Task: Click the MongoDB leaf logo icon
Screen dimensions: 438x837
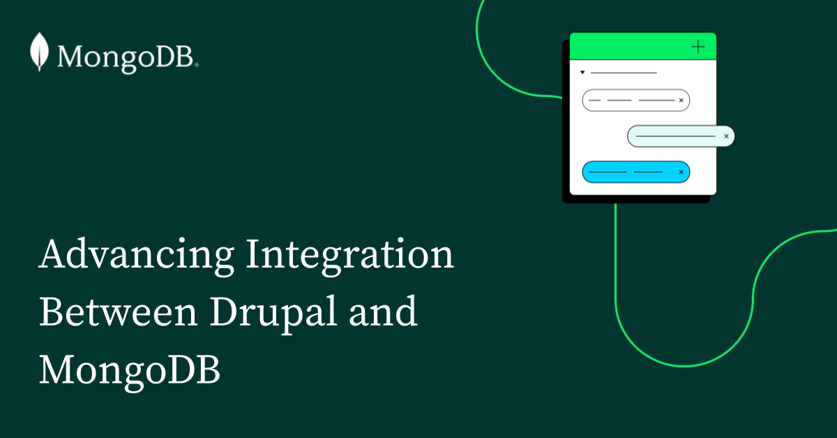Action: [39, 52]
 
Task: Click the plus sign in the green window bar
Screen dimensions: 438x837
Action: [697, 47]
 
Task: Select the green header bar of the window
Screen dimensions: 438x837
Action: [628, 47]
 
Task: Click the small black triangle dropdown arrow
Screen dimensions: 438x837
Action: [582, 72]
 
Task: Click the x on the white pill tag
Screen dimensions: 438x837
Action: [681, 101]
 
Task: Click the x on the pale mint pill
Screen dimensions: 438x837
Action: [726, 136]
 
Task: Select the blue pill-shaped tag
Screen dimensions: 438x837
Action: [628, 172]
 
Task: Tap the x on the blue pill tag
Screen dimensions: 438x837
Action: [681, 172]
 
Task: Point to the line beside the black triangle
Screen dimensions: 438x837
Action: [624, 72]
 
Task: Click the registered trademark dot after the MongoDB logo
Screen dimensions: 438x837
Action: [197, 65]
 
